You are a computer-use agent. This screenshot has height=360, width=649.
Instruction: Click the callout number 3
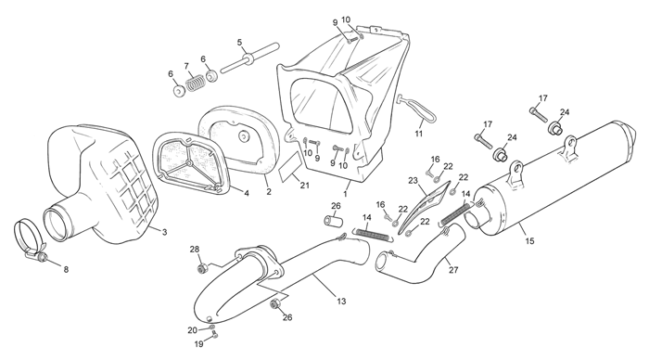[x=164, y=232]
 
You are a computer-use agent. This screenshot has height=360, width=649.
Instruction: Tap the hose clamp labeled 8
[x=31, y=240]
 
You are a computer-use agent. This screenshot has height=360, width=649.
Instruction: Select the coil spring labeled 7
[x=195, y=83]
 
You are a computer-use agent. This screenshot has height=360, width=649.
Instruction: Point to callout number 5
[x=239, y=42]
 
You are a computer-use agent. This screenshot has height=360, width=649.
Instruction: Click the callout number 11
[x=419, y=134]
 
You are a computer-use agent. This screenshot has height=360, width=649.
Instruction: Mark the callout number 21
[x=305, y=186]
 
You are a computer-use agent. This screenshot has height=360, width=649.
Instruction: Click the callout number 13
[x=341, y=302]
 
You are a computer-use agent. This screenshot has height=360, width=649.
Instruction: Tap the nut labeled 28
[x=202, y=268]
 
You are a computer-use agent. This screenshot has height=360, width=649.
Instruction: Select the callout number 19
[x=199, y=344]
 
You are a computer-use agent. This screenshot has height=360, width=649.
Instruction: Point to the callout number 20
[x=193, y=330]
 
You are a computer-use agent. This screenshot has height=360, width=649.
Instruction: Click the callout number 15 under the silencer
[x=529, y=240]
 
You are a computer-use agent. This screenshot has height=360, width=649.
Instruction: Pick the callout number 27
[x=453, y=270]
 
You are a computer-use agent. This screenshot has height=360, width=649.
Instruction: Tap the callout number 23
[x=414, y=181]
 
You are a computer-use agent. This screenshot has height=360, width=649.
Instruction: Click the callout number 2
[x=269, y=191]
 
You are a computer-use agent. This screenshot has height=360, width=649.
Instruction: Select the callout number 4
[x=247, y=193]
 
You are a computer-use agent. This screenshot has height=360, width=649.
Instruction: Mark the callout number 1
[x=345, y=194]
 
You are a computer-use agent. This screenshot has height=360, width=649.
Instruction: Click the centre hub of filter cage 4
[x=189, y=162]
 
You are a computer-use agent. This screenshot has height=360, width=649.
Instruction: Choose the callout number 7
[x=186, y=66]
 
